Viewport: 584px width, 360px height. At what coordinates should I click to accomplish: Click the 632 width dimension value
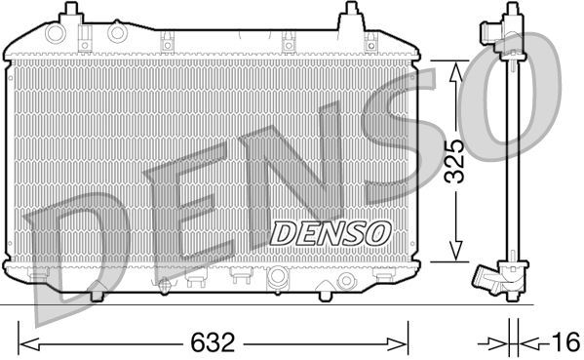click(214, 342)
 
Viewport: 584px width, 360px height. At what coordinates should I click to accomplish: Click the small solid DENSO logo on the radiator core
click(331, 232)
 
